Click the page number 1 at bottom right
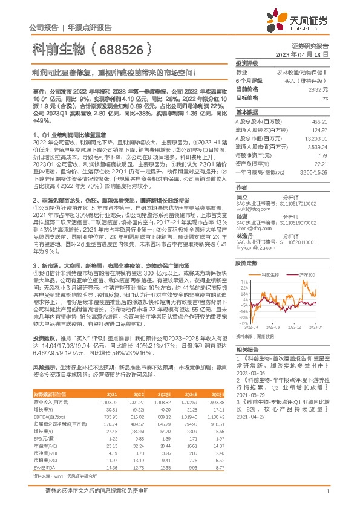pyautogui.click(x=327, y=498)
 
